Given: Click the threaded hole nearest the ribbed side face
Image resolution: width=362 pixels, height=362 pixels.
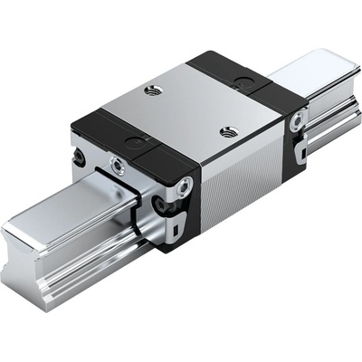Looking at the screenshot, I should (228, 131).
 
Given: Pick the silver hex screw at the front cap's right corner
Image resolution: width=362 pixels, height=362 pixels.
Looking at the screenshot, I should (186, 188).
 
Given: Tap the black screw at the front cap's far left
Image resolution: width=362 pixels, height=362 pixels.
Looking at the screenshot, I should (81, 157).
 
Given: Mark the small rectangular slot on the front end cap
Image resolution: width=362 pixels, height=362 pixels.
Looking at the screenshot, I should (186, 220).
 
